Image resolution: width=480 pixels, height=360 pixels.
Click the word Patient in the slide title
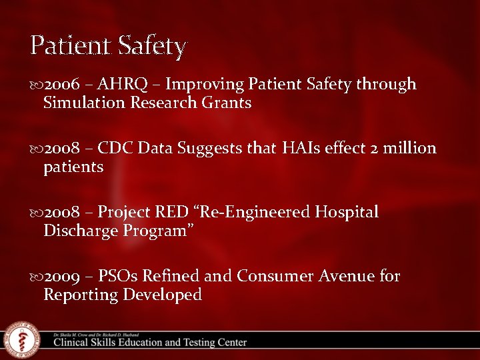71,45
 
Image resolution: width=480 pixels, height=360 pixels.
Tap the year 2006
62,85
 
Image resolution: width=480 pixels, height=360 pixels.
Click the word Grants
226,103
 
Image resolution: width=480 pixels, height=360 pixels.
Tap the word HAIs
301,148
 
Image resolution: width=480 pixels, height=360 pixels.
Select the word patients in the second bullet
73,167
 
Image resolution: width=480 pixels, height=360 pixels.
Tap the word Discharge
81,231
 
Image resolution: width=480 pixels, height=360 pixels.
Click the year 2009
62,276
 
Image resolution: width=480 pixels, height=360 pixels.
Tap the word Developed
162,295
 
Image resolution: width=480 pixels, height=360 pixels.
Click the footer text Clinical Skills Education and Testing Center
150,343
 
